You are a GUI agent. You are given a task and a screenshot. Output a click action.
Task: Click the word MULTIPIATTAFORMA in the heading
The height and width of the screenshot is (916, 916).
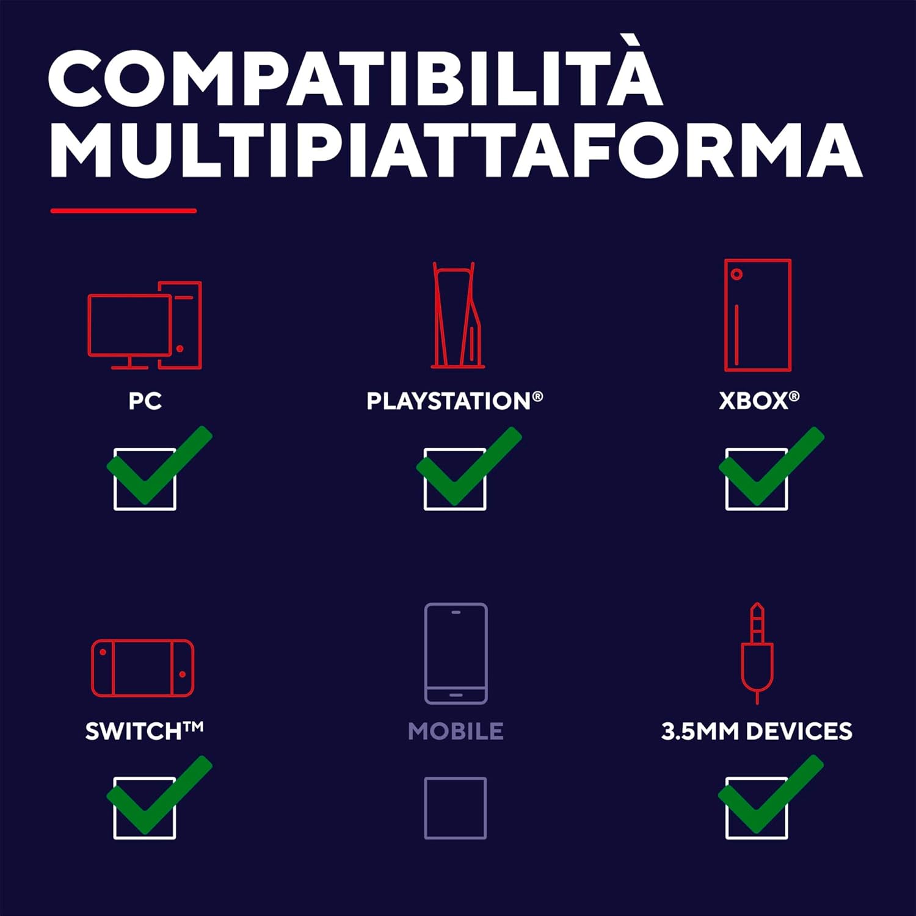[x=456, y=150]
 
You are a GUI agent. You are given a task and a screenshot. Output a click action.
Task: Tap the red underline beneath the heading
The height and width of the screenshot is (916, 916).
[x=123, y=211]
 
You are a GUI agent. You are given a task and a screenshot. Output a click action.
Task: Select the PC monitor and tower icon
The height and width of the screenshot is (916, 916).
[x=145, y=325]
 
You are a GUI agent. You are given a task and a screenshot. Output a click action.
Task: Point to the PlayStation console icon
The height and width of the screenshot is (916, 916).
[x=457, y=315]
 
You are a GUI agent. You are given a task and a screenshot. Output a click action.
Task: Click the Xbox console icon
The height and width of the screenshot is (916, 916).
[x=758, y=315]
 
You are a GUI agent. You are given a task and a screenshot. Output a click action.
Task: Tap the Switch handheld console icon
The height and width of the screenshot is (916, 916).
[x=143, y=668]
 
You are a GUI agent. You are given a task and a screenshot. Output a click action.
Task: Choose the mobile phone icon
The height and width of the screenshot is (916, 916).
[x=456, y=653]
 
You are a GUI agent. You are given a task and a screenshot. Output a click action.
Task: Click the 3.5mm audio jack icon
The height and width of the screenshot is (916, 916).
[x=757, y=653]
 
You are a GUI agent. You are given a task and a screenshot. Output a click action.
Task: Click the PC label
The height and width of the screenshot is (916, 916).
[x=145, y=401]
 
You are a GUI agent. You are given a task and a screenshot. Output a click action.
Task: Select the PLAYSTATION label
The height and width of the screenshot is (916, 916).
[x=454, y=401]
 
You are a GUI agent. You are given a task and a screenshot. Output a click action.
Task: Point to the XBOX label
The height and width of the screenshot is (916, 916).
[x=759, y=401]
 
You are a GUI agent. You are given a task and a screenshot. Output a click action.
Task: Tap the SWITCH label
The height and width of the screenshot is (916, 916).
[x=144, y=730]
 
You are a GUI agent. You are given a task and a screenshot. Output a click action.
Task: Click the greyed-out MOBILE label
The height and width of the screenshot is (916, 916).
[x=456, y=731]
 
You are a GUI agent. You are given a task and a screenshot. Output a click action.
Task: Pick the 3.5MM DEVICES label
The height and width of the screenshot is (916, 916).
[x=757, y=731]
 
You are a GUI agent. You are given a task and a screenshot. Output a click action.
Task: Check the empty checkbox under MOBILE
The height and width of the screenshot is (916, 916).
[x=456, y=808]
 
